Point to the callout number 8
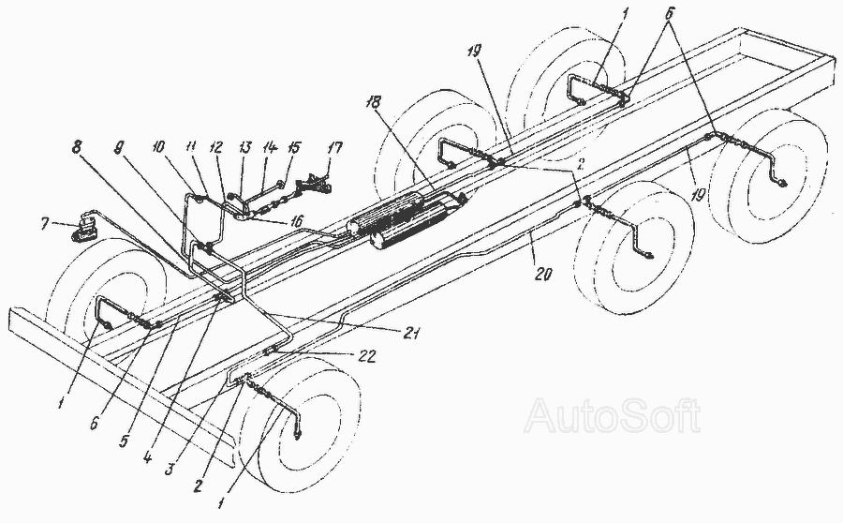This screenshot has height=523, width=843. pos(79,147)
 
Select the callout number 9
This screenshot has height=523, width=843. pos(118,147)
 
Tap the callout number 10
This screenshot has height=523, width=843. pos(159,147)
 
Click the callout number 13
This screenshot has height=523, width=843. pos(245,147)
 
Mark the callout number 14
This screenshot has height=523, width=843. pos(270,147)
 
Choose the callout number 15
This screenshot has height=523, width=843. pos(295,147)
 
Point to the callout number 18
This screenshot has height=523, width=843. pos(374,101)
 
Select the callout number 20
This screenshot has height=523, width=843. pos(543,274)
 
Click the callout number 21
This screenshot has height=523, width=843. pos(409,334)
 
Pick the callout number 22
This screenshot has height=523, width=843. pos(367,355)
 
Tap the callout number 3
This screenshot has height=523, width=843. pos(170,467)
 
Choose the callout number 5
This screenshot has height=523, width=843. pos(125,442)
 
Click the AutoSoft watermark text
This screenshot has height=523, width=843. pos(613,415)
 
